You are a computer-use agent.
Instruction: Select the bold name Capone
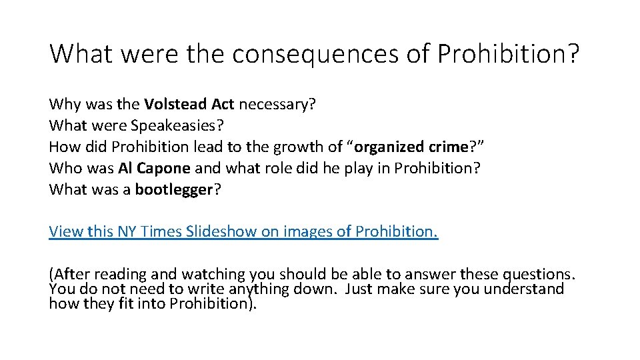pos(164,168)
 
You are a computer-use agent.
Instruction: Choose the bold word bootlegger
pos(173,189)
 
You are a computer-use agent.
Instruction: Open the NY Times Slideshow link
pos(243,232)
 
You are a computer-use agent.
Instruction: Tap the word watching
pos(215,275)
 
